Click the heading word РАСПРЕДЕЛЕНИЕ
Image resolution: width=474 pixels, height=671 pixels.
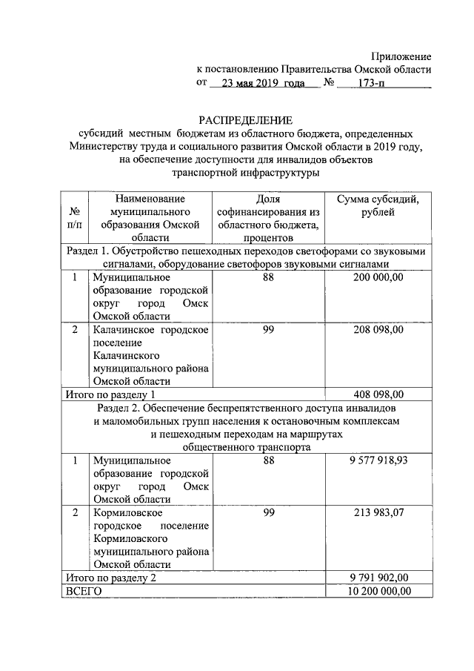coord(245,120)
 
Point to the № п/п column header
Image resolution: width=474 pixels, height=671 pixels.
coord(75,217)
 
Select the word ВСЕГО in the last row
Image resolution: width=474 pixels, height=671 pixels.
coord(82,591)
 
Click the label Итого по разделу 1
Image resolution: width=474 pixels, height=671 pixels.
coord(110,394)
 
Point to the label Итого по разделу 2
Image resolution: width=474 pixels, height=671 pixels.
coord(110,578)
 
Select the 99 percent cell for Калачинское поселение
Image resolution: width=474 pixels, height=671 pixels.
coord(269,329)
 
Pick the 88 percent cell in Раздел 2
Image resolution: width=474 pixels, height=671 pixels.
coord(269,460)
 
